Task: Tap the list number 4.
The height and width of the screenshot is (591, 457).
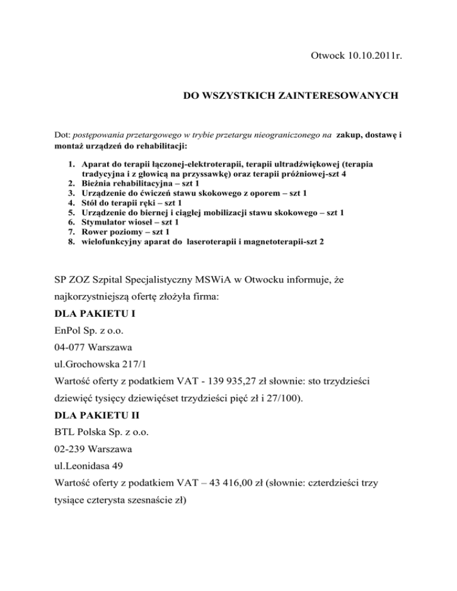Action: click(x=70, y=203)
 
